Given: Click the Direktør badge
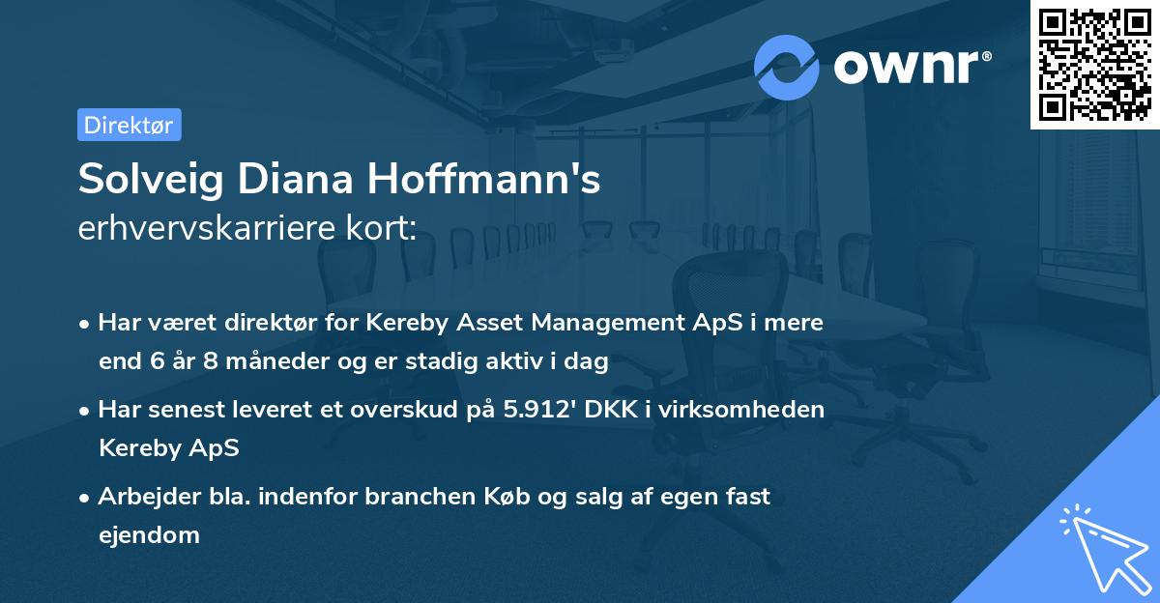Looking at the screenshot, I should pyautogui.click(x=129, y=125).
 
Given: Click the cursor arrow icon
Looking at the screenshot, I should pyautogui.click(x=1102, y=547).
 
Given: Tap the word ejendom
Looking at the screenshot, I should pyautogui.click(x=149, y=534).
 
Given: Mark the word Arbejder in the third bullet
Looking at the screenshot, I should pyautogui.click(x=141, y=497).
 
